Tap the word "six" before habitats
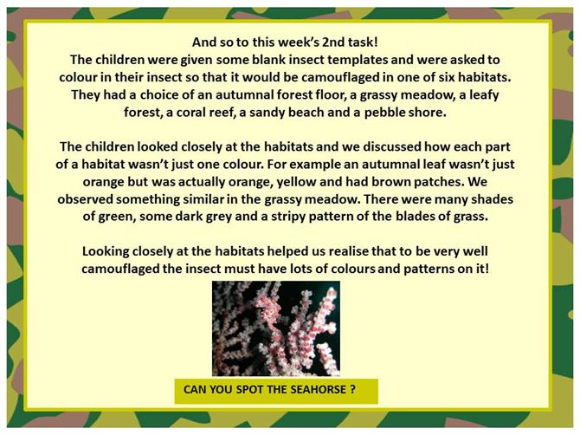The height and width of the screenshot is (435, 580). (447, 77)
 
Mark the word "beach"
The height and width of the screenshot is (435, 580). (306, 112)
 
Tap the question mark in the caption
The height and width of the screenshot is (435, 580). (352, 390)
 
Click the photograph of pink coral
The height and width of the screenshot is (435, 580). (276, 328)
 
